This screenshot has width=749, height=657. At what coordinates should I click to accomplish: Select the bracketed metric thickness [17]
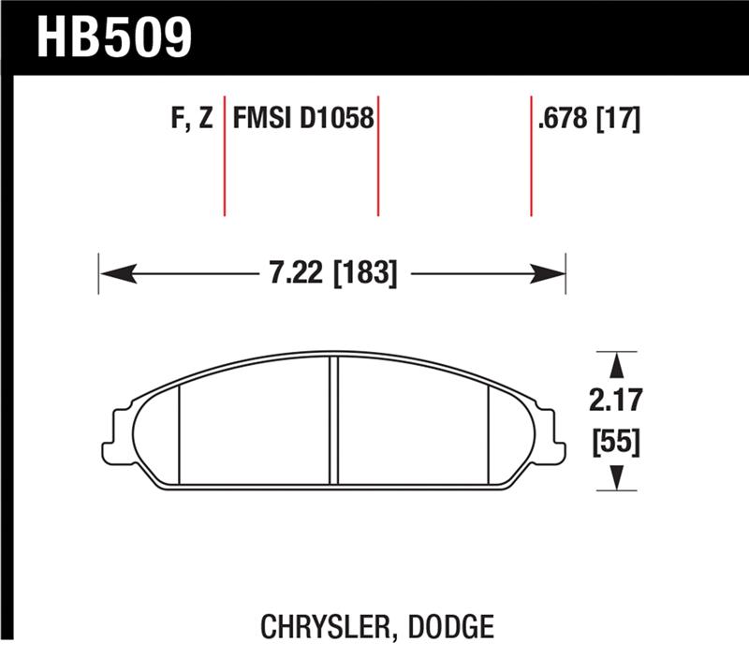[618, 121]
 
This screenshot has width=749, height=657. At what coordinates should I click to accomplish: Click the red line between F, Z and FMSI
[225, 154]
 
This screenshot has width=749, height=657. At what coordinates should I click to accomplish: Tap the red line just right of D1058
[378, 154]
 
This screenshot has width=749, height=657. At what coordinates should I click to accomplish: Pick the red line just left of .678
[531, 154]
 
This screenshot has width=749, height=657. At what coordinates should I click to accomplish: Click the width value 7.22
[287, 273]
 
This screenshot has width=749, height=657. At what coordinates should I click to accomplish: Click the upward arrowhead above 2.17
[616, 363]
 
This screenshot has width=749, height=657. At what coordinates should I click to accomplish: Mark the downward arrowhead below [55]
[616, 478]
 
